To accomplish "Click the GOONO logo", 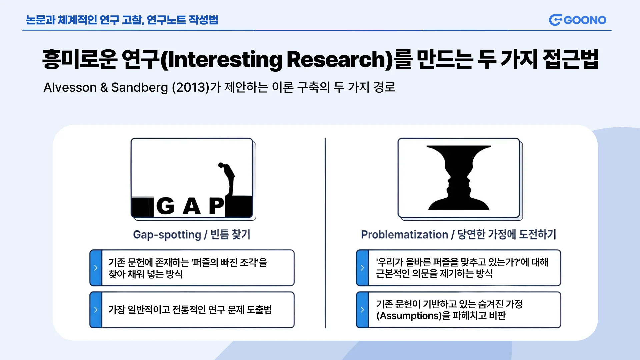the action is (578, 20).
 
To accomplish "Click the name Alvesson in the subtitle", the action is (70, 87).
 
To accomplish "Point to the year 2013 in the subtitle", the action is (191, 87).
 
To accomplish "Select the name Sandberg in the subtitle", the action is (139, 88).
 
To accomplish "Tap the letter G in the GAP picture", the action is (165, 206).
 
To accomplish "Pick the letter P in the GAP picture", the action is (216, 206).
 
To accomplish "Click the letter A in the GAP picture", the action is (192, 206).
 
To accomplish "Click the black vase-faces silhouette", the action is (459, 178).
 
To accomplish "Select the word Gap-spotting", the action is (167, 235).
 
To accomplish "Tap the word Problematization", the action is (405, 235).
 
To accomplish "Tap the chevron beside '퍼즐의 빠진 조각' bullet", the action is (96, 268).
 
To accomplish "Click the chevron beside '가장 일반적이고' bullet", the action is (96, 310).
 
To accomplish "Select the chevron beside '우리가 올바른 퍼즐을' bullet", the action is (362, 268).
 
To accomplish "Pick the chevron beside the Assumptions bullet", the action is (362, 310).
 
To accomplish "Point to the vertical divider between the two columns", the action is (325, 233).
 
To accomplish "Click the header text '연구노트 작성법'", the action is (182, 20).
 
